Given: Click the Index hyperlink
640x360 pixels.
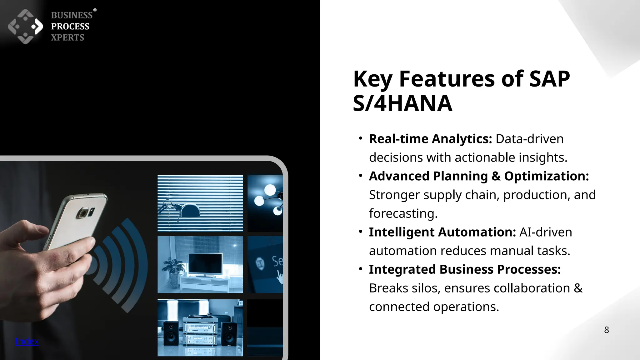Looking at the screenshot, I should pos(27,341).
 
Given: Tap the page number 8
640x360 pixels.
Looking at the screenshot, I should pos(606,330).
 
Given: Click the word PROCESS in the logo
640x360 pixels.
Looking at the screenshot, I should pos(70,27).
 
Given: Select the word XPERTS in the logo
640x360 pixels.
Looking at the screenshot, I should pos(67,37).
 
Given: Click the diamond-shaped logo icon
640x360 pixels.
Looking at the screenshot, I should pos(25,27).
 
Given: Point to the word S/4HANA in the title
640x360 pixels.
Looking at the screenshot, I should pos(402,103).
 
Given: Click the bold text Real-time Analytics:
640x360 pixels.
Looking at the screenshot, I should pos(430,139).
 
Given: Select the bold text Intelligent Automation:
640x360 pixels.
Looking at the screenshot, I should pos(442,232).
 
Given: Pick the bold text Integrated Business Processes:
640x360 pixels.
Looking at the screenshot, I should pos(465,269).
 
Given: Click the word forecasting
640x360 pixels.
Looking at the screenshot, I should pos(402,214).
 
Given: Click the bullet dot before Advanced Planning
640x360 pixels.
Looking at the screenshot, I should pos(361,176).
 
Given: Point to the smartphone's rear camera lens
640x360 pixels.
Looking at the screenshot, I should pos(83,214).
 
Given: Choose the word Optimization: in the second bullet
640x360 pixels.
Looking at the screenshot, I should pos(546,176).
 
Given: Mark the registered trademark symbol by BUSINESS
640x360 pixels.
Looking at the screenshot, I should pos(95,10).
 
